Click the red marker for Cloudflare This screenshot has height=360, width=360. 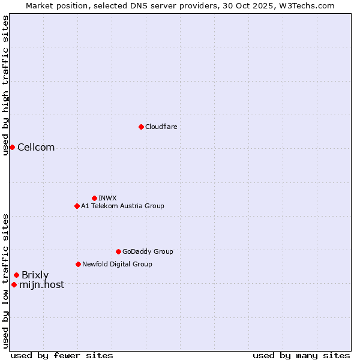[141, 127]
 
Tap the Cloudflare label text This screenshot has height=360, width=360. [161, 127]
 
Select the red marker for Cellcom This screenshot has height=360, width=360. [12, 147]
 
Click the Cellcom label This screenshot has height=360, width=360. [36, 148]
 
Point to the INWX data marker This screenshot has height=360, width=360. [94, 198]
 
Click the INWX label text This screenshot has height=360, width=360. [107, 198]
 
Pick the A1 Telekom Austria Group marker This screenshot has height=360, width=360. [77, 206]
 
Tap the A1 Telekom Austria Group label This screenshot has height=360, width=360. [122, 206]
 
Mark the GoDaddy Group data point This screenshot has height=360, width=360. [118, 251]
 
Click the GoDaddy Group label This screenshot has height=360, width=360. [148, 251]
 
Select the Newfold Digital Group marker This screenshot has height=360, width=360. [78, 264]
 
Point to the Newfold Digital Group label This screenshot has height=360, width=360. [117, 264]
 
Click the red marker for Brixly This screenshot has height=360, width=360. [16, 275]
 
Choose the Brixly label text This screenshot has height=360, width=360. [35, 275]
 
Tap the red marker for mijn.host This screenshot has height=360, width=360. [14, 284]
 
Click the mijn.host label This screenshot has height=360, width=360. [41, 285]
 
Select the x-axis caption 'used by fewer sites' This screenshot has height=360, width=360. [62, 355]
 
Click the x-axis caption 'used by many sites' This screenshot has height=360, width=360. [301, 355]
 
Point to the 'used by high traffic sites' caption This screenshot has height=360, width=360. [5, 85]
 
